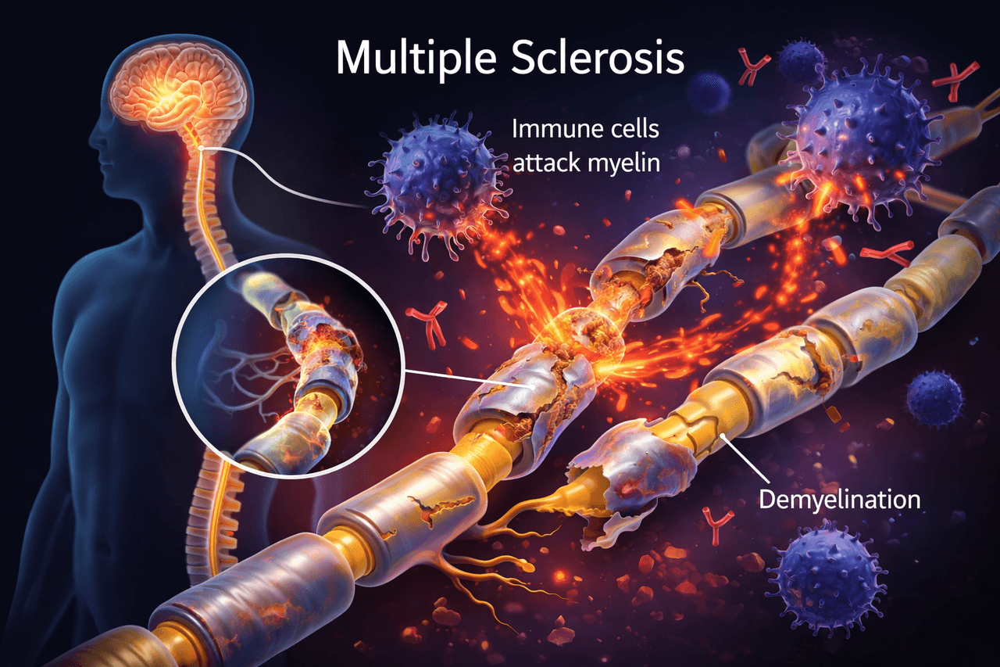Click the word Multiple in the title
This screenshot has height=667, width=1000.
tap(416, 59)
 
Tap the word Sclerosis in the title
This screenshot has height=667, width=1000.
tap(598, 57)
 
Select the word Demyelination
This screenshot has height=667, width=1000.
tap(839, 500)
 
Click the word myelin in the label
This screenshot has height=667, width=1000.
tap(623, 163)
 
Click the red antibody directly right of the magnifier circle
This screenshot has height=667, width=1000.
tap(427, 324)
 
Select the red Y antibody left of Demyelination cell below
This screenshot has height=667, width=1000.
tap(717, 525)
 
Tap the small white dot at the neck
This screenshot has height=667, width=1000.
tap(202, 148)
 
